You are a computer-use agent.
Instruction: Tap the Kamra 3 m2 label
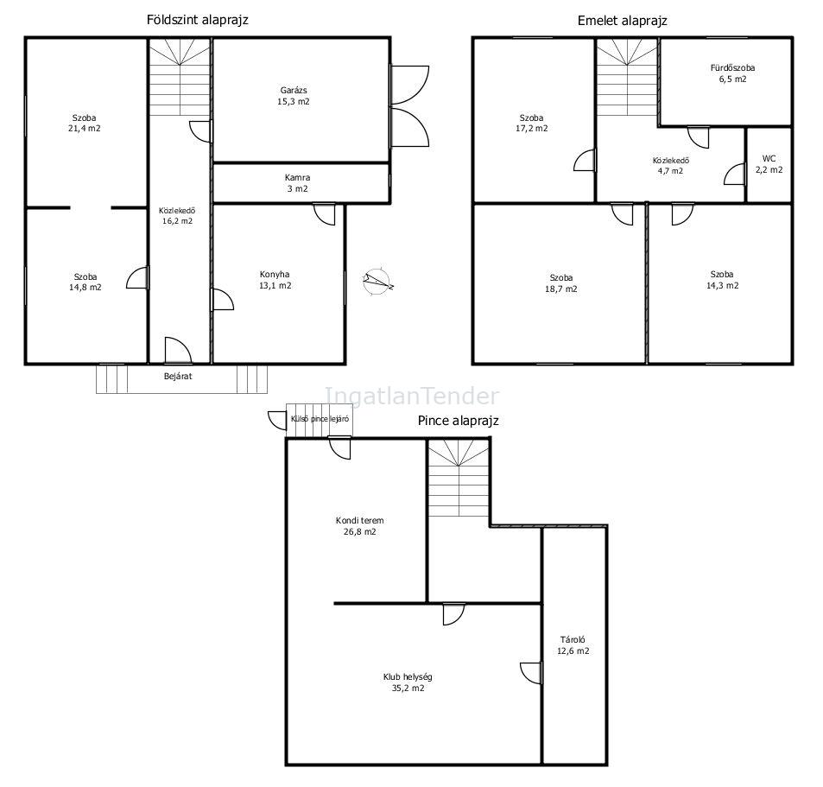[298, 183]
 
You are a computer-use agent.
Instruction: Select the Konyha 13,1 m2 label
[275, 280]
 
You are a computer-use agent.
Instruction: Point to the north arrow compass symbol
[378, 281]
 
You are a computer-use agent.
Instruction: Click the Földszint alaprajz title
[198, 20]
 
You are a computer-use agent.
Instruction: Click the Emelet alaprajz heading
[622, 21]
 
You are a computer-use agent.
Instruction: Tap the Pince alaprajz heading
[459, 421]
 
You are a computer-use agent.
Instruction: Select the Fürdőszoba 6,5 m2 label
[732, 73]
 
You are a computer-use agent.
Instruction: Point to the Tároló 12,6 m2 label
[573, 645]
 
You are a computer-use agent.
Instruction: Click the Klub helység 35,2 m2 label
[408, 682]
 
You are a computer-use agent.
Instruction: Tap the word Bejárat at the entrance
[178, 377]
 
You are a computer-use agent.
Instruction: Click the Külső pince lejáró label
[320, 419]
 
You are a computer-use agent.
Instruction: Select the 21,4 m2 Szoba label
[85, 123]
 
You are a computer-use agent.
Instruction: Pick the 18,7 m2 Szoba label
[561, 283]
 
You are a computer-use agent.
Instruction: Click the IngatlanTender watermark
[412, 397]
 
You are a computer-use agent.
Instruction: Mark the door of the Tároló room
[531, 673]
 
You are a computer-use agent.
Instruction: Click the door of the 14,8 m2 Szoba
[137, 277]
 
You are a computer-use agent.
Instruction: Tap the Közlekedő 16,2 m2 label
[177, 216]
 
